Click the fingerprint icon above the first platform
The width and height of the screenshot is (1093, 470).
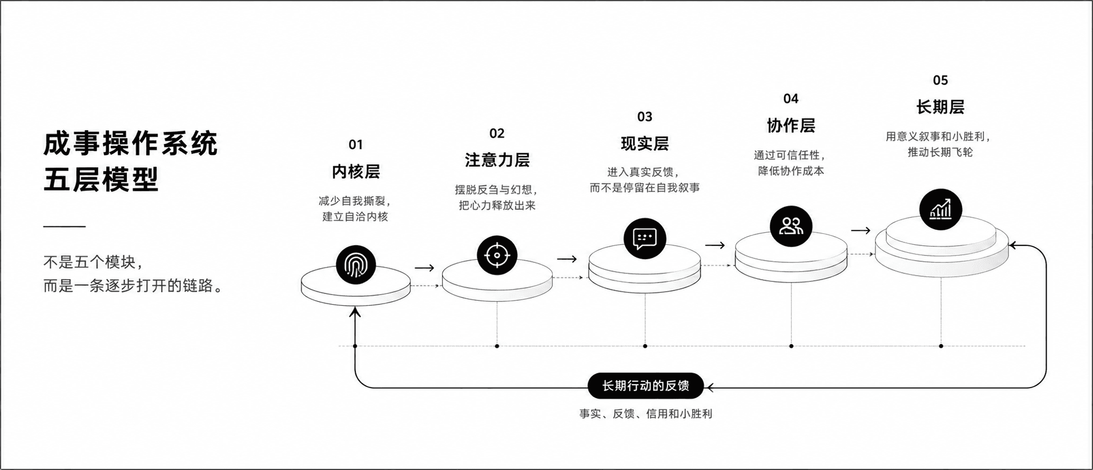(x=356, y=265)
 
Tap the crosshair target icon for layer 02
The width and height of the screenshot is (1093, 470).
(x=497, y=255)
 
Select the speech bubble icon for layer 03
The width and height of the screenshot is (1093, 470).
(x=645, y=238)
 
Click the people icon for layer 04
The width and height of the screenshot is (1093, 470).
(x=791, y=226)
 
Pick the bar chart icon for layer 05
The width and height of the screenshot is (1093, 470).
(x=941, y=209)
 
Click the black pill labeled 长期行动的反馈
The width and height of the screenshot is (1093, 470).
(x=645, y=386)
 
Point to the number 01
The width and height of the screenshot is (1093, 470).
(x=356, y=145)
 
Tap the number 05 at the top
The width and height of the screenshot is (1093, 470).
(x=941, y=80)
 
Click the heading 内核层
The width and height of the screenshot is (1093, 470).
(x=356, y=172)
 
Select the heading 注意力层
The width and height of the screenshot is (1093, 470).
(x=497, y=160)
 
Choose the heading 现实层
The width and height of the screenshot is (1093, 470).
(x=645, y=144)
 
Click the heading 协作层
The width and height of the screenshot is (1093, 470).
(x=791, y=125)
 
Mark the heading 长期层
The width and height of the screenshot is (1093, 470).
(x=941, y=107)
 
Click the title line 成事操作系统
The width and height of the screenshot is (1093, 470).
(x=130, y=143)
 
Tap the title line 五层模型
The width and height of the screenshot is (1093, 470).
(x=101, y=180)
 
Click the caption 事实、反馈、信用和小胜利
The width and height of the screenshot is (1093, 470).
(x=645, y=414)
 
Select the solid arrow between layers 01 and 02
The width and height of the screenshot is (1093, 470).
(x=425, y=268)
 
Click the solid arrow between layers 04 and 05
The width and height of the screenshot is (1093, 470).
(x=861, y=230)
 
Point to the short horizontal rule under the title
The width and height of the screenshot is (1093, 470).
(x=65, y=226)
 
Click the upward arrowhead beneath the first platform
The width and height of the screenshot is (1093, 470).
(x=355, y=312)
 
